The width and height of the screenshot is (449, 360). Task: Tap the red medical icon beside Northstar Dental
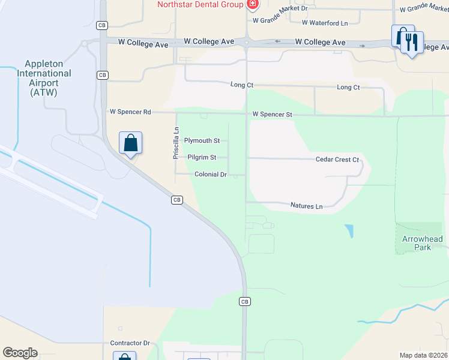click(x=252, y=5)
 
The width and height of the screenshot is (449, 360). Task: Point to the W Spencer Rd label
click(x=130, y=112)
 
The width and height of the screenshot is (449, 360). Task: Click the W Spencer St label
click(x=272, y=114)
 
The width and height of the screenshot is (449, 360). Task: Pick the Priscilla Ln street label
click(x=176, y=142)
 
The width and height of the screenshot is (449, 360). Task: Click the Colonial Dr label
click(x=210, y=175)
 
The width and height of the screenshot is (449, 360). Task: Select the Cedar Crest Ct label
click(x=337, y=160)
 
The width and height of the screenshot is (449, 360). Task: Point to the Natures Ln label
click(x=306, y=206)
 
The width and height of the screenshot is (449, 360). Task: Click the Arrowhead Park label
click(x=423, y=243)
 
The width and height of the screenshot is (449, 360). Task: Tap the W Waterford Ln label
click(x=324, y=23)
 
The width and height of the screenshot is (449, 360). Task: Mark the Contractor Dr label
click(x=130, y=343)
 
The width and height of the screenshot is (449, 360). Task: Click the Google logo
click(x=20, y=353)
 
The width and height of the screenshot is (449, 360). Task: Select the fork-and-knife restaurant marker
click(x=411, y=42)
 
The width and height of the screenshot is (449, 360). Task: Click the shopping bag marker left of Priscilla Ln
click(x=130, y=143)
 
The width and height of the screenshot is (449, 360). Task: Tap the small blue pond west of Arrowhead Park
click(x=349, y=231)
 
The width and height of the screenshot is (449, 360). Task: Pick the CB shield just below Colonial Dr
click(x=176, y=200)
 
